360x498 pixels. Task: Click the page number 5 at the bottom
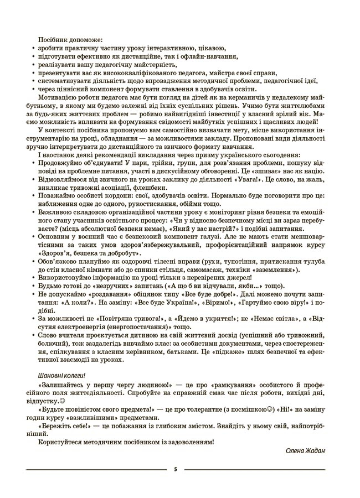pos(175,469)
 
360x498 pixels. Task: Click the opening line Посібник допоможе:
pos(65,40)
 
